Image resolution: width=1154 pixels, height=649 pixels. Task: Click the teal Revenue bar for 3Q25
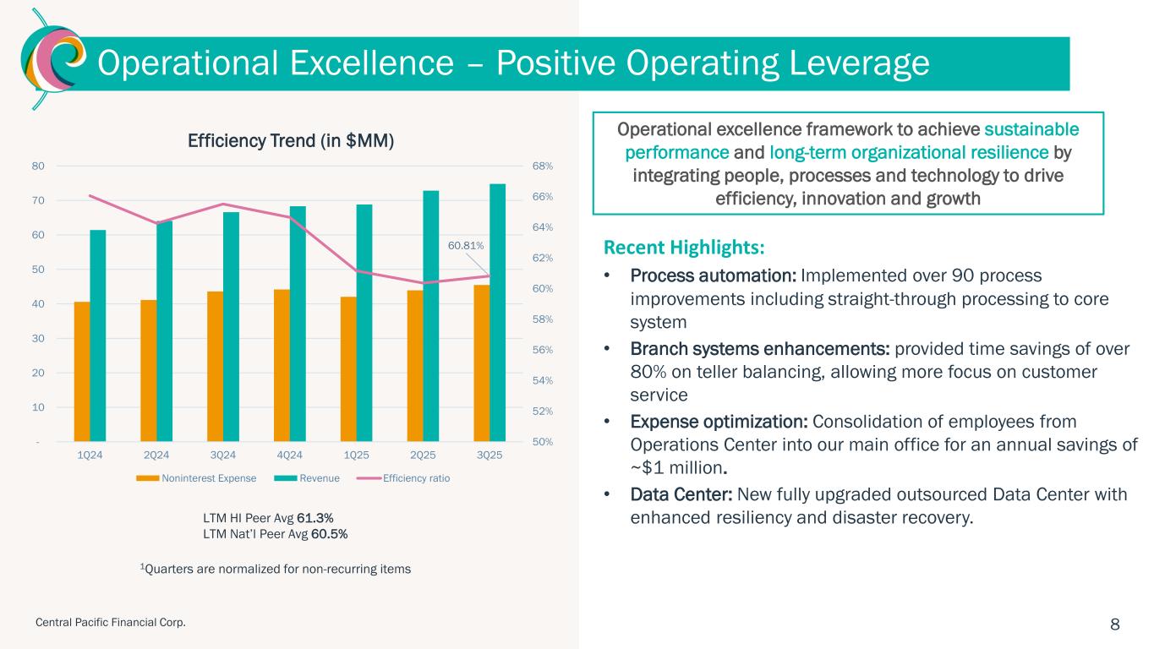tap(497, 313)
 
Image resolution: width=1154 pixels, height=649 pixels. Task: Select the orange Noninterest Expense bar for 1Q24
tap(82, 372)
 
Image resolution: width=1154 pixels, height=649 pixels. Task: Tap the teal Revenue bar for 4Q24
tap(298, 324)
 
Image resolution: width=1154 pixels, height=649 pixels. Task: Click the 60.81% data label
tap(466, 246)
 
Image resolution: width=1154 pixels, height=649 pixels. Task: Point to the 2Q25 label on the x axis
tap(424, 455)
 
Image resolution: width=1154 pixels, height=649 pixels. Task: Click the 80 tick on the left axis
tap(39, 166)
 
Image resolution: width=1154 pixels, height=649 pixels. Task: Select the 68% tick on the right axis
tap(542, 166)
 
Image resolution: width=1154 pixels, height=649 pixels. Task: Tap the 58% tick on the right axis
tap(542, 319)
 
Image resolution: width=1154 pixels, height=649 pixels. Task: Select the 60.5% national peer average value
tap(331, 534)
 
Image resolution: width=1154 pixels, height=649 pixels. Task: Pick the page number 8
tap(1114, 624)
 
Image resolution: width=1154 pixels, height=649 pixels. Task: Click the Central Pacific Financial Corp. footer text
tap(110, 623)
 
